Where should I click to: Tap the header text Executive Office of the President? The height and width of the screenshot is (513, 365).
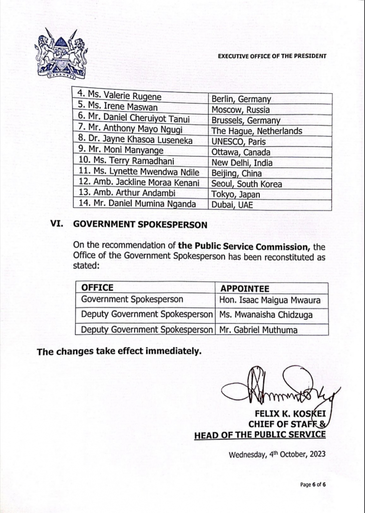click(x=272, y=56)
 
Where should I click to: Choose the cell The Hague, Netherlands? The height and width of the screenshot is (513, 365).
click(x=257, y=131)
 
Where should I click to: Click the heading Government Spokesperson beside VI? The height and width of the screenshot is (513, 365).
click(x=140, y=225)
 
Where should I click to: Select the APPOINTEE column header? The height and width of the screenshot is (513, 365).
click(x=244, y=289)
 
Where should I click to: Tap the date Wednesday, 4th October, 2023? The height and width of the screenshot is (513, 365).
click(x=277, y=455)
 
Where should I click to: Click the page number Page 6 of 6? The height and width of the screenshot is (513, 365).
click(x=313, y=485)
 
